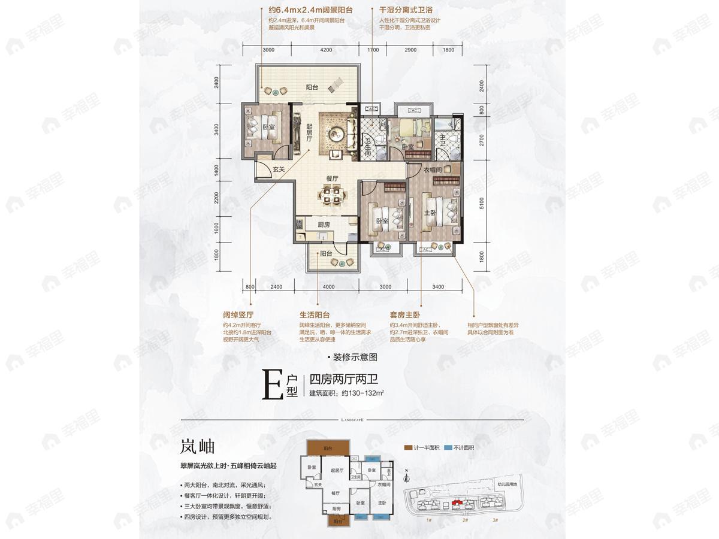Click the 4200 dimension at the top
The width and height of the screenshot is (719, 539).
tap(326, 50)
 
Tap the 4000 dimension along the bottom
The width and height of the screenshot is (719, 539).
tap(328, 287)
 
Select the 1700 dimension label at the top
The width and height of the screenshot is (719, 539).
tap(373, 50)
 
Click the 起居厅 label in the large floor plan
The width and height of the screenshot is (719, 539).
tap(309, 132)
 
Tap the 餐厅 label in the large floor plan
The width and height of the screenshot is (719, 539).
tap(333, 178)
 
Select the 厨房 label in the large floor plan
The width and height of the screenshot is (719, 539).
tap(324, 225)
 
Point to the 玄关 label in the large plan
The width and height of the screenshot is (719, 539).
tap(278, 169)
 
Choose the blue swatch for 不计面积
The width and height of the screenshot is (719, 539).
tap(448, 447)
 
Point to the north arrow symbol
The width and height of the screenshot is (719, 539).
tap(407, 476)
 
